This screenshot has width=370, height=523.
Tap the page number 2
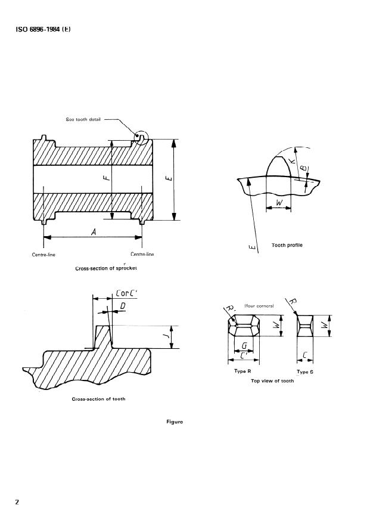pos(17,502)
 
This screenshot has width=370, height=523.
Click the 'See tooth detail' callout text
pos(84,119)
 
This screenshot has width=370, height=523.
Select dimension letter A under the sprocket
pos(94,231)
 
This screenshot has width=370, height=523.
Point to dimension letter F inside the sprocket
pos(105,177)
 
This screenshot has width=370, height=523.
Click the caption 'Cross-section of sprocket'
pos(106,268)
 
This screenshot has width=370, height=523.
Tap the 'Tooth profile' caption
pos(287,245)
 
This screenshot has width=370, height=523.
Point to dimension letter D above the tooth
pos(123,305)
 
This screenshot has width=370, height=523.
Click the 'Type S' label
pos(305,372)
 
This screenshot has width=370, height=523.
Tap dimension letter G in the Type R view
pos(244,345)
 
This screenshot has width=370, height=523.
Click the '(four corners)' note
pos(259,306)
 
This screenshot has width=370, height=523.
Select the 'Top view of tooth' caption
pos(272,380)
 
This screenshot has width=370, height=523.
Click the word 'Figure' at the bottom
pos(175,422)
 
